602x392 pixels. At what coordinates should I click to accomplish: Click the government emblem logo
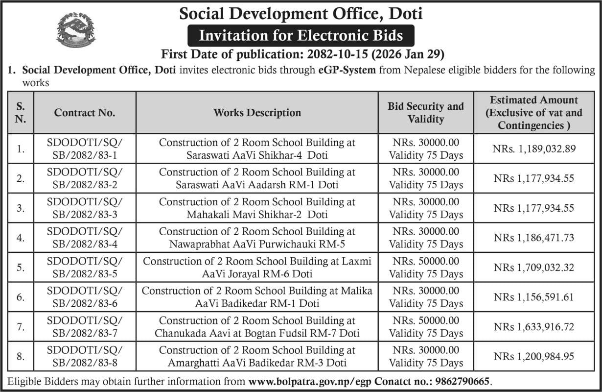76,29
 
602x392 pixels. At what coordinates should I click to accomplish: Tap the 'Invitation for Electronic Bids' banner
301,36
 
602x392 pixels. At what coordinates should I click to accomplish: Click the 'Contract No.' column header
85,113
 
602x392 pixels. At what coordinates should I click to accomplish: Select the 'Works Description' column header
257,113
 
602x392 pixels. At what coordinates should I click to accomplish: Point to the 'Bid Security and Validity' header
425,113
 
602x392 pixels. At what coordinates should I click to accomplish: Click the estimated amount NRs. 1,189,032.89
533,148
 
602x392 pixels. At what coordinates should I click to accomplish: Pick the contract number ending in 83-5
85,268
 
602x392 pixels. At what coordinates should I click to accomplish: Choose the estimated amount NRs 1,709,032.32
533,268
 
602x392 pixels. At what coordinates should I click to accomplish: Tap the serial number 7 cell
21,327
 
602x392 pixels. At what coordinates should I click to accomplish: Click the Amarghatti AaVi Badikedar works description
257,357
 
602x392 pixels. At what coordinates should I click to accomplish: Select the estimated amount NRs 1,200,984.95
533,357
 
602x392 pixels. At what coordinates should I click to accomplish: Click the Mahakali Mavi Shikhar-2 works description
257,208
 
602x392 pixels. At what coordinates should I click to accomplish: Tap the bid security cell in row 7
425,327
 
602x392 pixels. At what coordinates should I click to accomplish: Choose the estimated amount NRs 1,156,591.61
533,297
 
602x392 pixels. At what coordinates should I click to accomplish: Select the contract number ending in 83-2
85,178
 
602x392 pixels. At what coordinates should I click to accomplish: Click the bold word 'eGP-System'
346,70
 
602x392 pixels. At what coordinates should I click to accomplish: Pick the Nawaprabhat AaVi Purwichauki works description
257,238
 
